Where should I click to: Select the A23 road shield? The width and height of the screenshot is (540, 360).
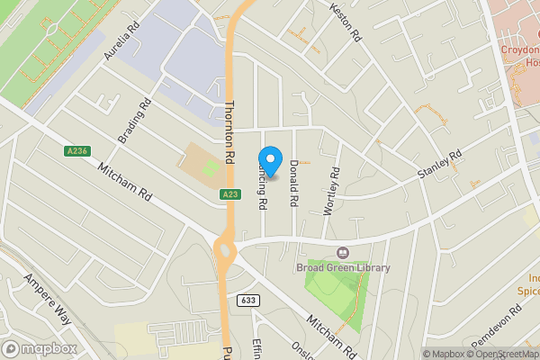229,194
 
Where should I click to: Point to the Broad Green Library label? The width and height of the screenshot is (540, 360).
343,267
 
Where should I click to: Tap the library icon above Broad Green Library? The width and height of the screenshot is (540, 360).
342,253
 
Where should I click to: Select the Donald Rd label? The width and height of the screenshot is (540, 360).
293,180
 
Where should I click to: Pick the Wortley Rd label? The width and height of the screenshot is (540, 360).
331,190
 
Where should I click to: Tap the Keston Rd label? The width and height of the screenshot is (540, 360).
345,23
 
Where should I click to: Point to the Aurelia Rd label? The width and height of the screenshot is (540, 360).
124,40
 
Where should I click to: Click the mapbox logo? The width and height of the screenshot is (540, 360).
40,348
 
